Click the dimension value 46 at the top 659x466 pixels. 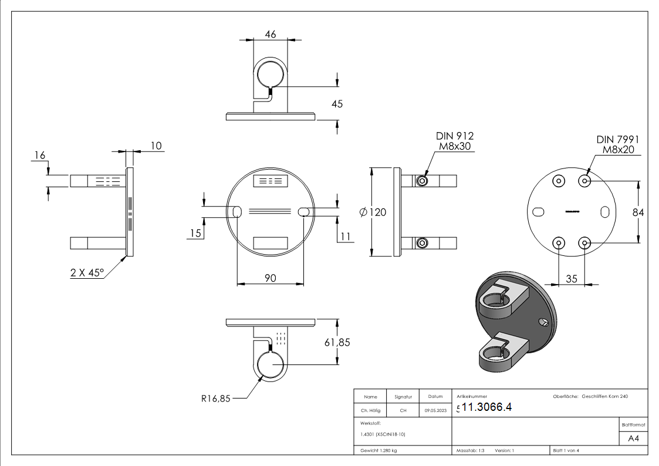click(x=271, y=35)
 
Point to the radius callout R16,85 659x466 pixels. click(x=216, y=399)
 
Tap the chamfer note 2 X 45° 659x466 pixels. click(x=87, y=272)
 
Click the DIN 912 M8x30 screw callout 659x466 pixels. click(x=452, y=141)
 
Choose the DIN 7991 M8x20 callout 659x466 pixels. click(x=617, y=144)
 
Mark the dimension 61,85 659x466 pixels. click(x=337, y=342)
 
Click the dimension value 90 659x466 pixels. click(x=270, y=278)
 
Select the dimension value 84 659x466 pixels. click(x=638, y=212)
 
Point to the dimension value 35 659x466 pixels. click(x=571, y=279)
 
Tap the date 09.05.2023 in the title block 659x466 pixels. click(x=435, y=411)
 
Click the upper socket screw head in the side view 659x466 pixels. click(x=422, y=181)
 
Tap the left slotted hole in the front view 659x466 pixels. click(x=237, y=212)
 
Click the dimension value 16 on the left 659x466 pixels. click(x=40, y=154)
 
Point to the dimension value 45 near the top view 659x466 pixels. click(x=337, y=104)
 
